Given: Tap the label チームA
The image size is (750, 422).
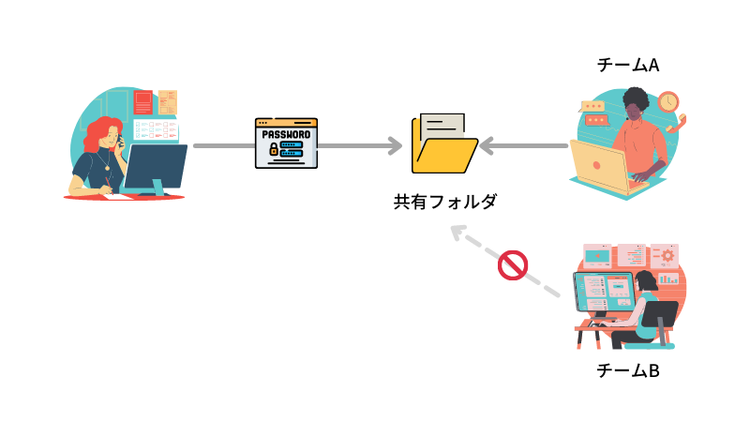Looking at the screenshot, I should click(628, 65).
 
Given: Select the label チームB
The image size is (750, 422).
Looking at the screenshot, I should click(628, 370).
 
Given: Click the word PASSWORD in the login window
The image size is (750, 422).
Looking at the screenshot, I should click(286, 133).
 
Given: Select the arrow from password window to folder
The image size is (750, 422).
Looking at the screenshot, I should click(361, 146).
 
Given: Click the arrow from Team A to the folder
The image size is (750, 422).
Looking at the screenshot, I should click(525, 146).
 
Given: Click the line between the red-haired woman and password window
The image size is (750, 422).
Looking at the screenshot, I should click(221, 146).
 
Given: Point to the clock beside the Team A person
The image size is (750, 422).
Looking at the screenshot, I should click(668, 101).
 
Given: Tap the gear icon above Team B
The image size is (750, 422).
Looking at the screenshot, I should click(667, 254).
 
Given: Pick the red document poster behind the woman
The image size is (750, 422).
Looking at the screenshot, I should click(143, 102).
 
